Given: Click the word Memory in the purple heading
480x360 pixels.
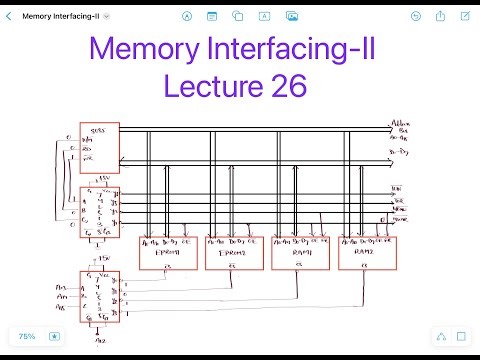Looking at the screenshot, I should coord(145,49).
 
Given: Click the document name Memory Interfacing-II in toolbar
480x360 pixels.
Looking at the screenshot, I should coord(60,16).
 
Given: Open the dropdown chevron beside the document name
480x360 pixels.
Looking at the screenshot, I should coord(107,17).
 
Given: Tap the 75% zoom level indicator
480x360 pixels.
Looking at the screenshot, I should coord(26,337).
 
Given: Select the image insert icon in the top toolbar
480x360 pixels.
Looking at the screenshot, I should coord(292,16).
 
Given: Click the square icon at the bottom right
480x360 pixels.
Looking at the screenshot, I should coord(461,337).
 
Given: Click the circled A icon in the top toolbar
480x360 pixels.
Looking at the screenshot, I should coord(187,16).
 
